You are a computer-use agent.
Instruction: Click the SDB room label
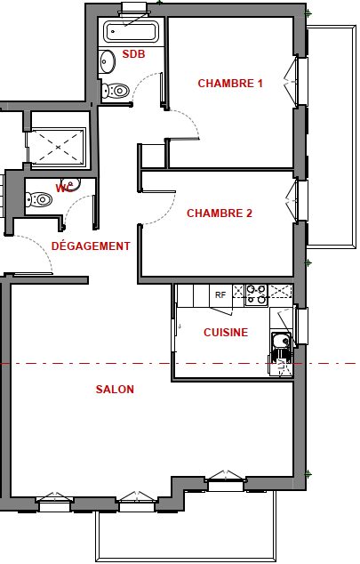click(133, 54)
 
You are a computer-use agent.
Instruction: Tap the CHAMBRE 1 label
click(230, 84)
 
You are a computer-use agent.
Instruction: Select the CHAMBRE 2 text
click(220, 213)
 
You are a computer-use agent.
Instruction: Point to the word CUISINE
click(226, 333)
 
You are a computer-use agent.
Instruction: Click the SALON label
click(115, 389)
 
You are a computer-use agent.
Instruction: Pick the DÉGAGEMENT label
click(91, 246)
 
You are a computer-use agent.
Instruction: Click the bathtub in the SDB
click(131, 31)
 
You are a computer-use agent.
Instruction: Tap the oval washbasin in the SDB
click(108, 61)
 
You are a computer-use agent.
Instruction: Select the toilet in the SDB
click(115, 91)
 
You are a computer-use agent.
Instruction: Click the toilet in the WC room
click(39, 199)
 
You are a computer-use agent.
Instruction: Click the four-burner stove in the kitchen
click(257, 294)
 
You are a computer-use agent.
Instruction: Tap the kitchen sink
click(281, 341)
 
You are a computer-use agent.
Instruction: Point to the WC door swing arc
click(73, 205)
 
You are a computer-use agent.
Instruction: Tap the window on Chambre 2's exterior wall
click(300, 200)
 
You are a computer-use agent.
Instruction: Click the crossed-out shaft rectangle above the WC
click(58, 147)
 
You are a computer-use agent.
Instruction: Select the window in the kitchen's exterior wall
click(301, 326)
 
